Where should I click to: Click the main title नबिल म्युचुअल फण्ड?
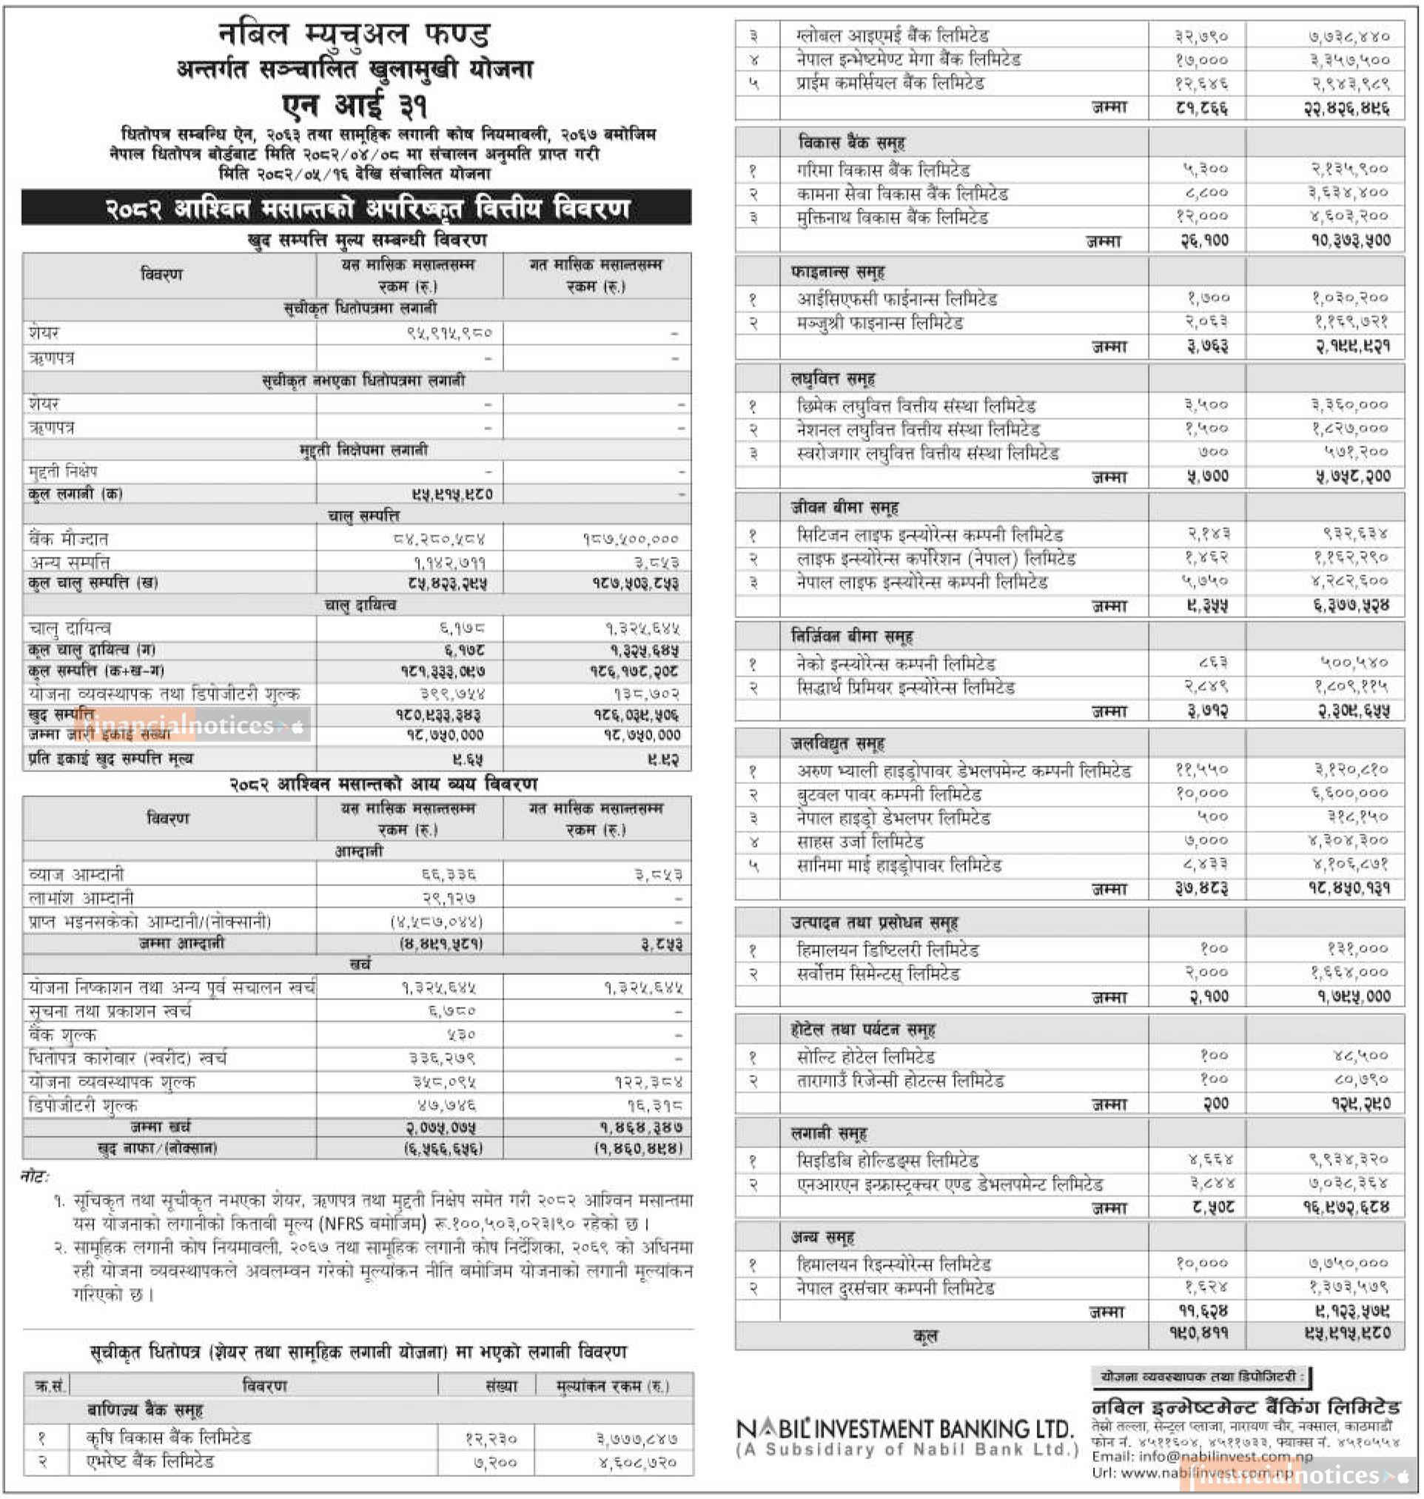pos(355,35)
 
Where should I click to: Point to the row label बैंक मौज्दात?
pos(68,539)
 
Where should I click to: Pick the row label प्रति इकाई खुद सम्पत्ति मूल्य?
pos(111,758)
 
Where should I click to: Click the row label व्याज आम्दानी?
pos(76,874)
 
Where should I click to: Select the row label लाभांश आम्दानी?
pos(81,898)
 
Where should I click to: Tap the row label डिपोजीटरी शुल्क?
pos(84,1105)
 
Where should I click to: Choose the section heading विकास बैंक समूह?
pos(851,143)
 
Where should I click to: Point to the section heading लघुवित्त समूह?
pos(833,378)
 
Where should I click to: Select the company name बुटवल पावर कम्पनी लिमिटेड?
pos(889,795)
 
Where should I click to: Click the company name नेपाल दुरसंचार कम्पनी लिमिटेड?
pos(895,1288)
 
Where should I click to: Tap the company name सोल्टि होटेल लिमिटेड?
pos(865,1056)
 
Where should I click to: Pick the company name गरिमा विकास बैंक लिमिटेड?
pos(883,170)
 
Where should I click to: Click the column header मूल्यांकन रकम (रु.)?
pos(613,1386)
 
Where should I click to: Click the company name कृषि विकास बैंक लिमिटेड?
pos(168,1438)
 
